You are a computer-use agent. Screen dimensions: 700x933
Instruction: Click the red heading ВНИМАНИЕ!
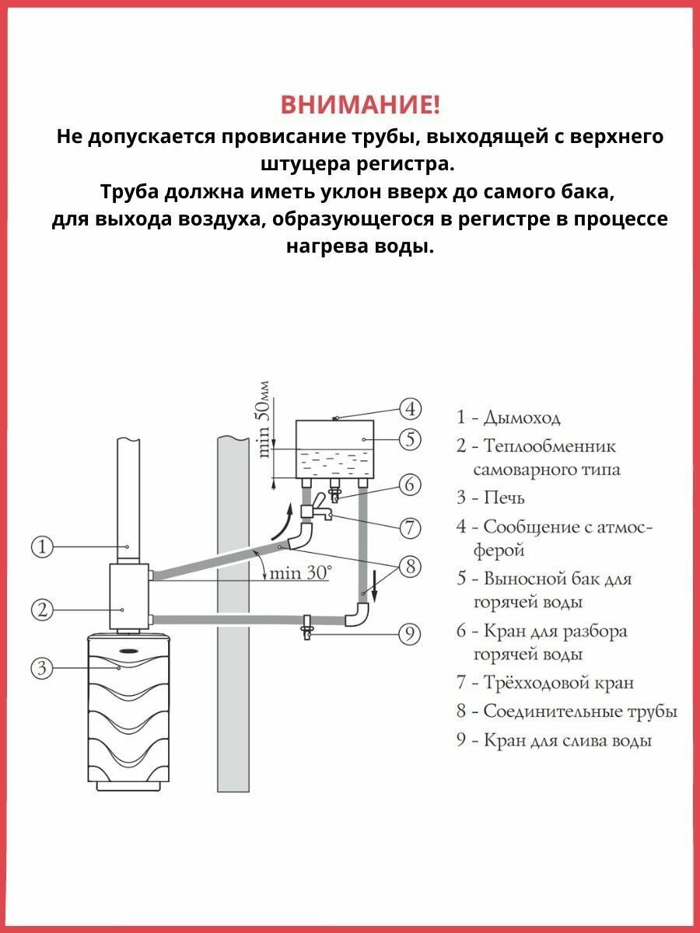359,104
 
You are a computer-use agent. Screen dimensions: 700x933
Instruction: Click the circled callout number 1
42,547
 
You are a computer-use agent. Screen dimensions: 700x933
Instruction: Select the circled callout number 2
42,609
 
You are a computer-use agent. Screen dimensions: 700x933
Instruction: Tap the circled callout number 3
42,666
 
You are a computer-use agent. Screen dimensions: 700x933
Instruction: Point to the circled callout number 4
410,408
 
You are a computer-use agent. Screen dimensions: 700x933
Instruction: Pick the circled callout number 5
410,439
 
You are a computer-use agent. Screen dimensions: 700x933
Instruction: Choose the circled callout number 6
410,484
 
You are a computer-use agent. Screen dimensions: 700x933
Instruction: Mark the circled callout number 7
410,528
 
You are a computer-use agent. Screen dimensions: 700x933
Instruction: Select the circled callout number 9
410,634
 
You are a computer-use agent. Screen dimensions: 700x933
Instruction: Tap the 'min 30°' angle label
299,573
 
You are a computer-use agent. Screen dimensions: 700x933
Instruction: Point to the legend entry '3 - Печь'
491,497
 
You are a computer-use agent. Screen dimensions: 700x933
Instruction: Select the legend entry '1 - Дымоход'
509,418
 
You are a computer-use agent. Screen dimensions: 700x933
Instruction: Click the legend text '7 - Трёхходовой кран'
545,683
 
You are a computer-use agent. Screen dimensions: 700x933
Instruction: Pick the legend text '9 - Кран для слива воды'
554,740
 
